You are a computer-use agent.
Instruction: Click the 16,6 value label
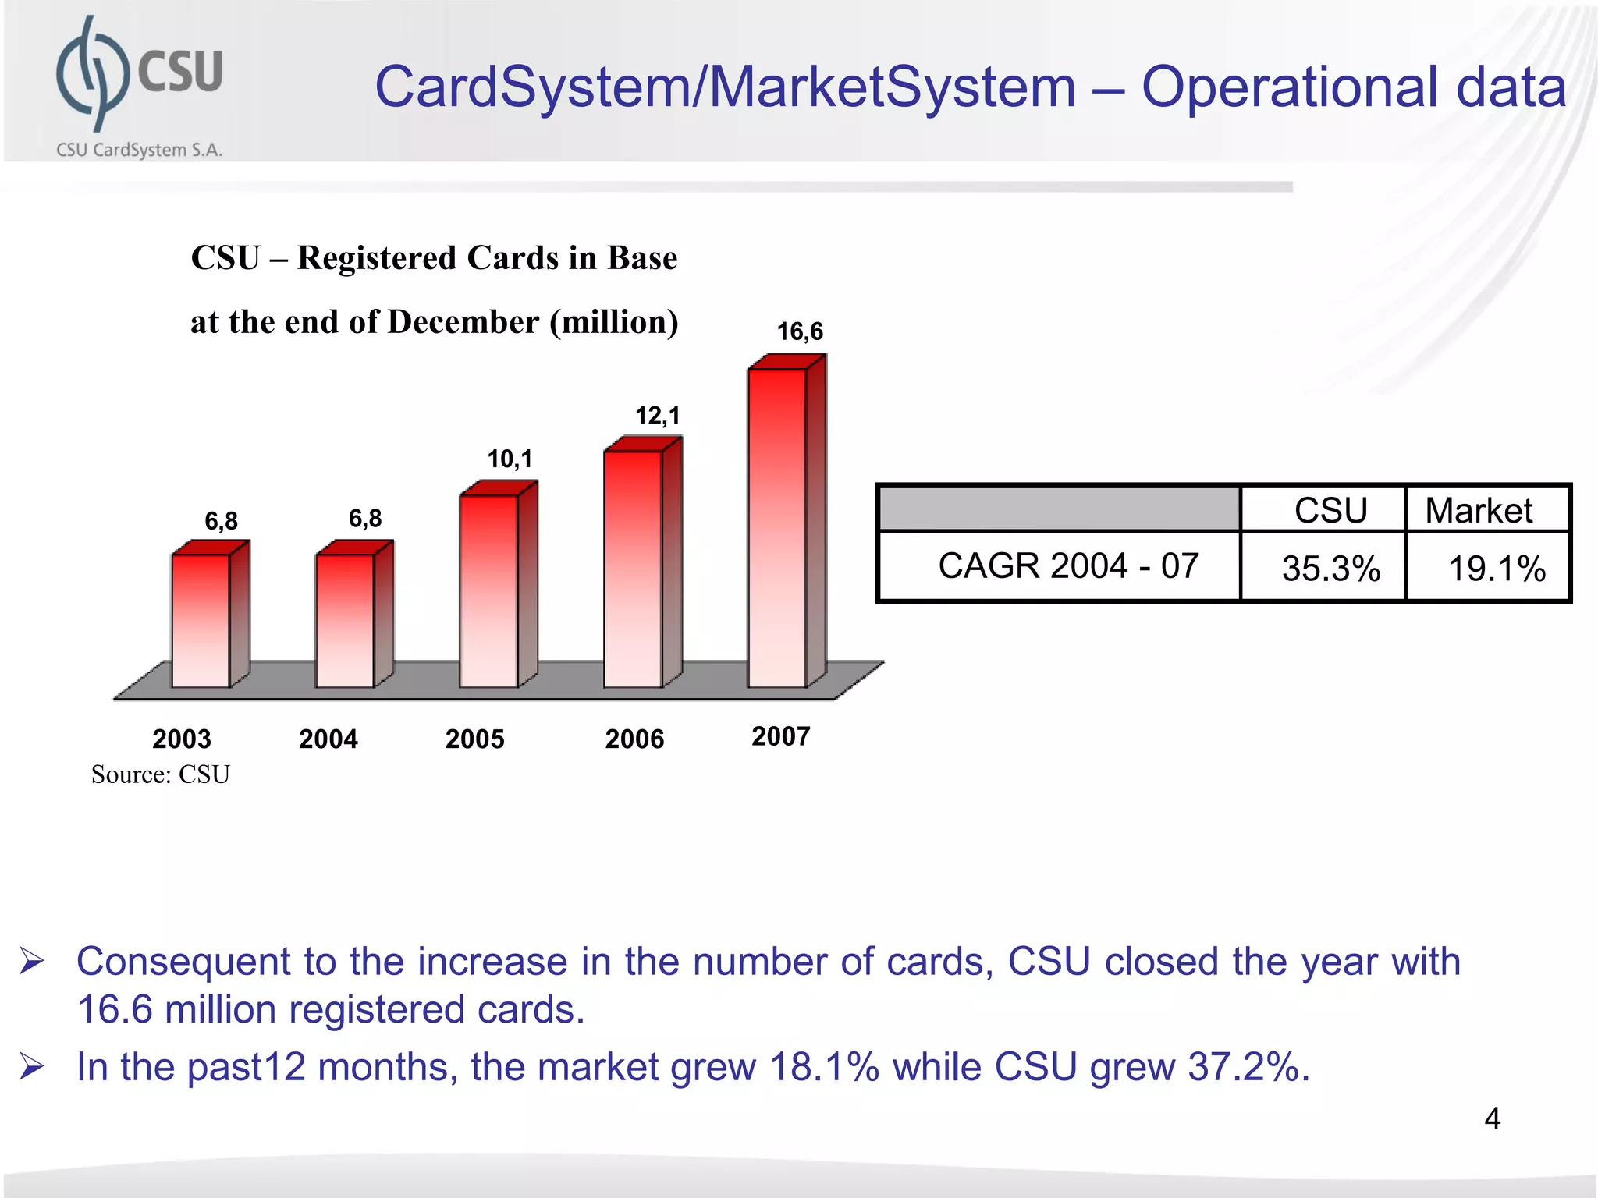coord(800,331)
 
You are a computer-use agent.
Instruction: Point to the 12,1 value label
coord(657,416)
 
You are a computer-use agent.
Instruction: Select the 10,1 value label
coord(510,459)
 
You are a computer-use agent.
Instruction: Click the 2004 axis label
coord(328,739)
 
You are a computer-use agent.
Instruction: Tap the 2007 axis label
coord(780,736)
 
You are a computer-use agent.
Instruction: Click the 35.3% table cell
coord(1330,568)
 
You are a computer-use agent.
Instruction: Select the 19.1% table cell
coord(1496,568)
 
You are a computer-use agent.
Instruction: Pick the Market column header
coord(1479,511)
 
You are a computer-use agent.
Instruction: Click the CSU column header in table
coord(1330,511)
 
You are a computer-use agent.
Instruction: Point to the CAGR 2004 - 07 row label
coord(1067,565)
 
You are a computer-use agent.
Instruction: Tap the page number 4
coord(1492,1118)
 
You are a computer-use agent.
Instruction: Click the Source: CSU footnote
coord(161,774)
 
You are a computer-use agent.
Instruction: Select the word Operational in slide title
coord(1289,87)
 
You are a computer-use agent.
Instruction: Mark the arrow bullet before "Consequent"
coord(32,961)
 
